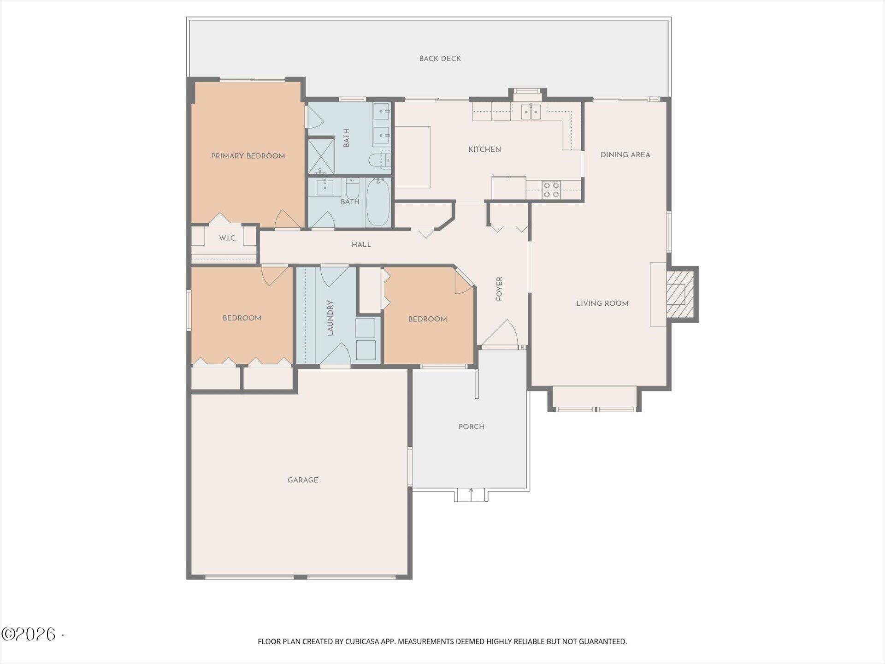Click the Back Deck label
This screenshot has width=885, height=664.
click(440, 59)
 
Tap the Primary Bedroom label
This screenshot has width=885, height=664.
click(248, 156)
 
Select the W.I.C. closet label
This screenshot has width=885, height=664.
click(228, 238)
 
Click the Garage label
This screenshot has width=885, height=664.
click(303, 480)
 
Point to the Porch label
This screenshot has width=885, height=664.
click(471, 427)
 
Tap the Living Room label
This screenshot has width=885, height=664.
click(602, 303)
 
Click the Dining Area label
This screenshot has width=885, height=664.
click(625, 155)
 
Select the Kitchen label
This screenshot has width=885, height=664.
click(484, 149)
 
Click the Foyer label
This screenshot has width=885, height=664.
click(499, 289)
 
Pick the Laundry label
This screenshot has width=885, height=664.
click(330, 318)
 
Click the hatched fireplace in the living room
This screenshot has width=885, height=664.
click(680, 294)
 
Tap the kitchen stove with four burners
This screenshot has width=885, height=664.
click(551, 190)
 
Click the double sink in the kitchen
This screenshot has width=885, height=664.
click(531, 112)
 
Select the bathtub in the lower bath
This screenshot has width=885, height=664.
click(378, 202)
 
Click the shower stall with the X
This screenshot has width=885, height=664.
click(321, 156)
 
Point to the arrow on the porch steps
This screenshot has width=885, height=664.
click(471, 494)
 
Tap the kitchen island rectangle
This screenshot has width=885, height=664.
click(413, 157)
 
